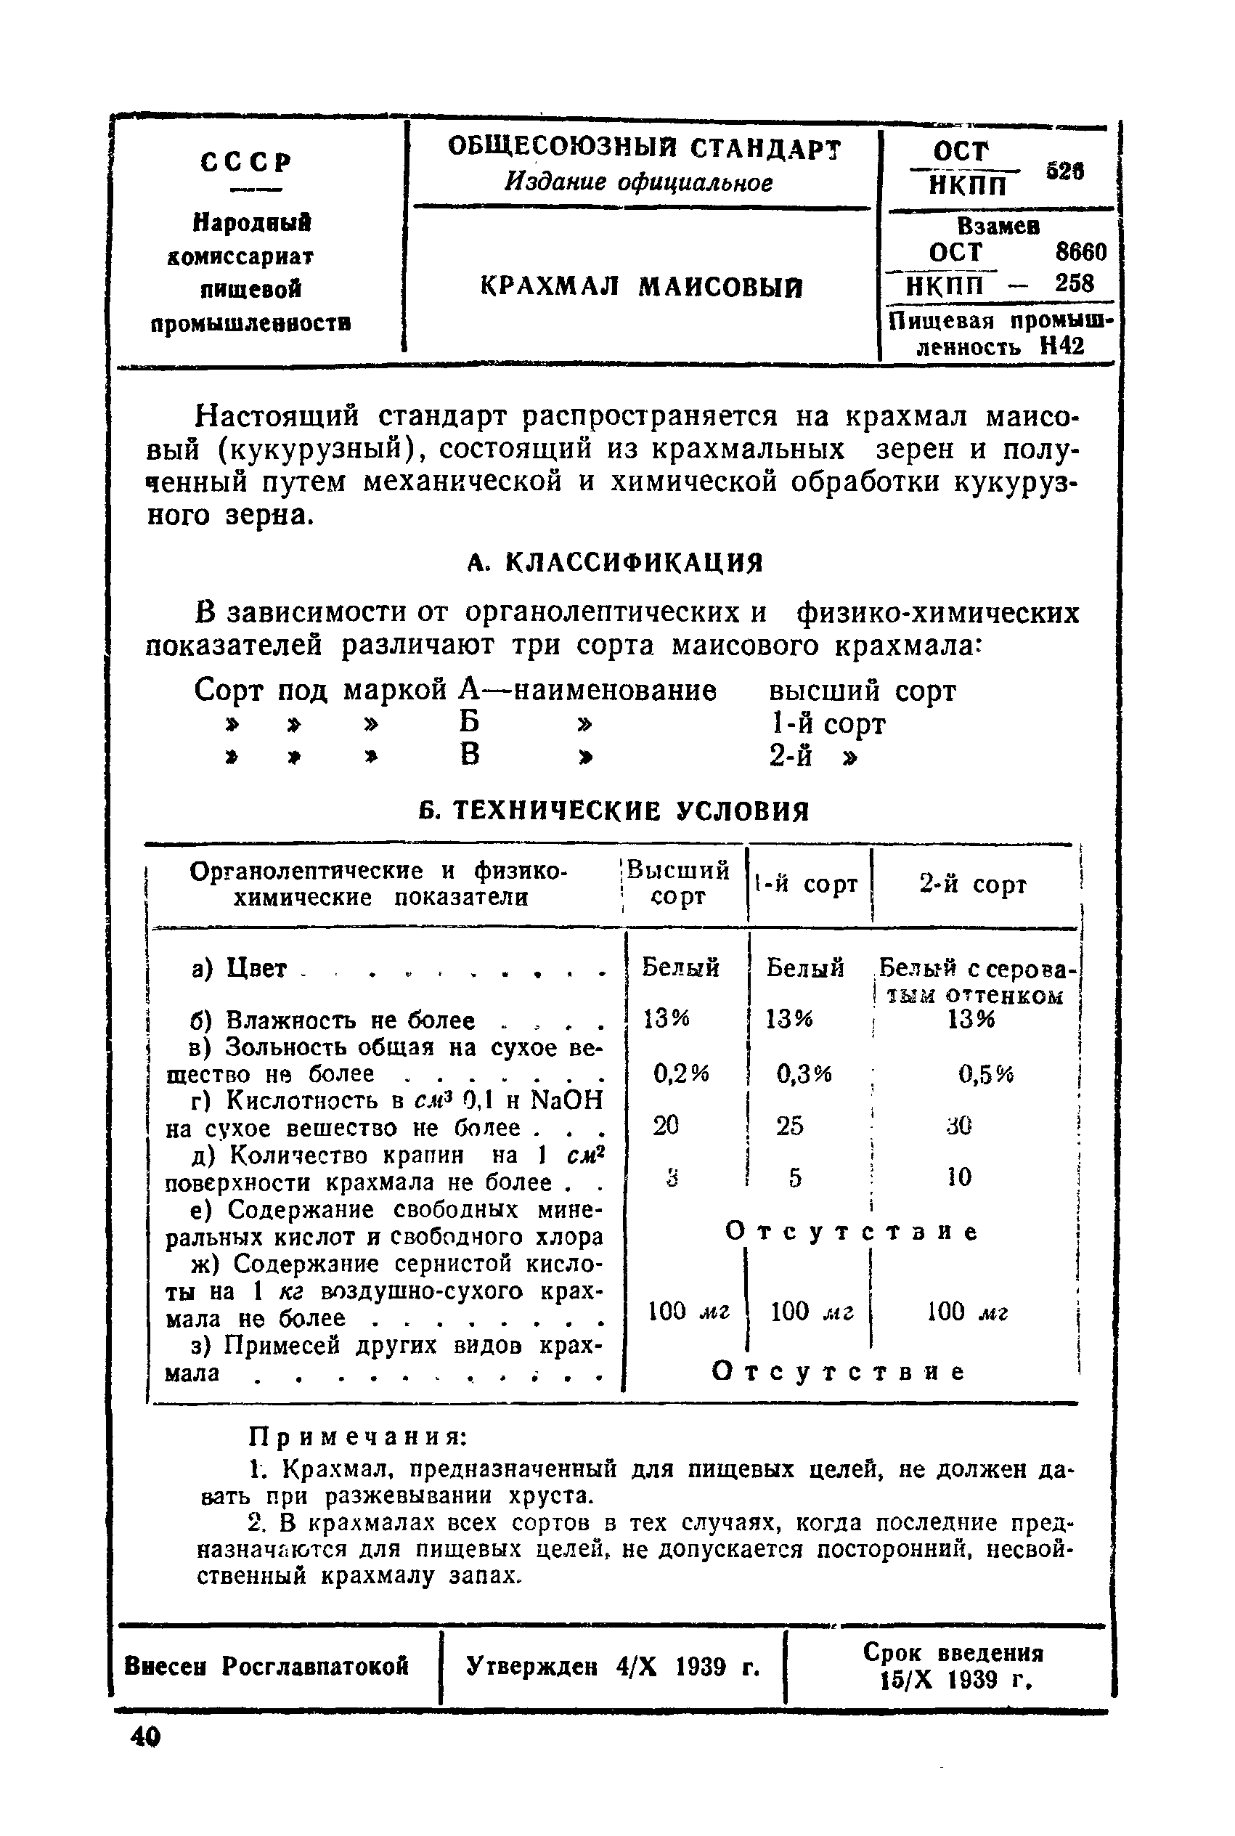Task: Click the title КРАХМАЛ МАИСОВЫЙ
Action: click(x=641, y=288)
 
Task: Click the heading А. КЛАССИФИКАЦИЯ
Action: click(x=615, y=562)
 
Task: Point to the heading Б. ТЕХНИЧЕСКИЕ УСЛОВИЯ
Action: click(x=614, y=811)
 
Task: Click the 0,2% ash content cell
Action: click(x=681, y=1073)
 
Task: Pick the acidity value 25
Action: click(x=789, y=1126)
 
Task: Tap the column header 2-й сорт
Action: click(x=973, y=884)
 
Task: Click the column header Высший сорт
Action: click(x=678, y=883)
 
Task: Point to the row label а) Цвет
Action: click(x=240, y=967)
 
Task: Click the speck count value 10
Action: click(x=959, y=1177)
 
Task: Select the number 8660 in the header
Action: click(x=1080, y=252)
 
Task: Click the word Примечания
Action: click(x=359, y=1437)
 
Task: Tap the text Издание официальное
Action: click(x=639, y=183)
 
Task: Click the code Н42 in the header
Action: click(x=1061, y=345)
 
